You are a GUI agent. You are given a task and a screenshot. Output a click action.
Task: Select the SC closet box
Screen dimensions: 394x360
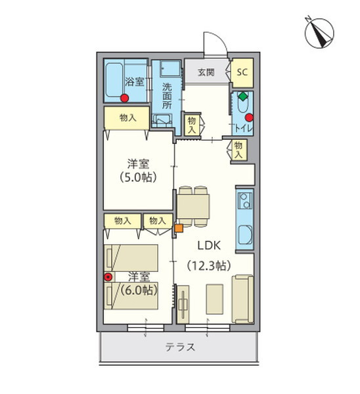241,72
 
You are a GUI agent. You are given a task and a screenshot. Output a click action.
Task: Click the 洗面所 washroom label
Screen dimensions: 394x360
168,95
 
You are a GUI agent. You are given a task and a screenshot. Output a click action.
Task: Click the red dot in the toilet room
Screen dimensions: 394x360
248,118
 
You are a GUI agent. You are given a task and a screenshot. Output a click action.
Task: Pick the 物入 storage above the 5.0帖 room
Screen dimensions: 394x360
128,118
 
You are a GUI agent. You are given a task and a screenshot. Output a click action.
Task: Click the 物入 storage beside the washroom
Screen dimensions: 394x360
192,125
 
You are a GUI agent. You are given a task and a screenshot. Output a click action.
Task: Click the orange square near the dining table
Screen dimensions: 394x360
178,229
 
